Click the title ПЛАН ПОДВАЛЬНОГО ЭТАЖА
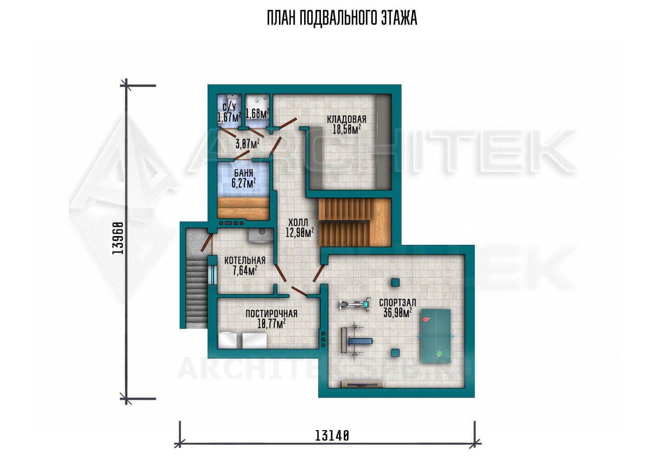click(342, 18)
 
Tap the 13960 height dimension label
click(118, 238)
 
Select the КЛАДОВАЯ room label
click(346, 119)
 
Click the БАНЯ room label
click(243, 173)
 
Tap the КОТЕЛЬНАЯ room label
click(245, 260)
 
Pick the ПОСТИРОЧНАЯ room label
click(271, 314)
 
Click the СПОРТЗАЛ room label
click(397, 303)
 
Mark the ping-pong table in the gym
click(436, 336)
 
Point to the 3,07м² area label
click(248, 144)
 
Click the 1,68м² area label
click(257, 113)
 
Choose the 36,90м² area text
click(397, 313)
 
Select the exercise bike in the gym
click(355, 304)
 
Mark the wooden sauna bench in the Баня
click(243, 209)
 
